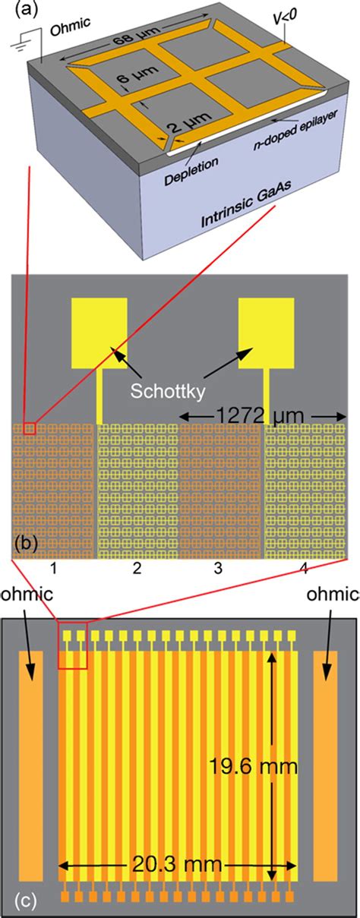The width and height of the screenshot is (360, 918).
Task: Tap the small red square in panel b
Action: [x=30, y=431]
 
